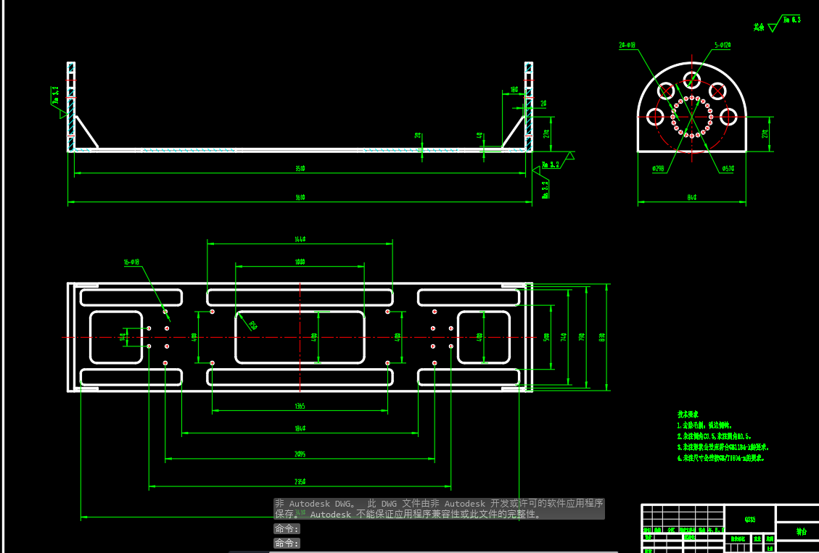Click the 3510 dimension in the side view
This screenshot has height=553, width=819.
coord(300,169)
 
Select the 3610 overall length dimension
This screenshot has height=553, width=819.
coord(300,197)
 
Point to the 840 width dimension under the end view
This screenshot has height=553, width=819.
coord(691,197)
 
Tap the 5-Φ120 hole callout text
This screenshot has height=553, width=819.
coord(723,45)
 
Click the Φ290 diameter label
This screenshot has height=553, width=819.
coord(659,168)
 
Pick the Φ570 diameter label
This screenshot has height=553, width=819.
coord(728,168)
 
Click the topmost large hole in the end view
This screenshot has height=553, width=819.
coord(692,79)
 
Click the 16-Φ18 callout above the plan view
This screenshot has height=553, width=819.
coord(131,262)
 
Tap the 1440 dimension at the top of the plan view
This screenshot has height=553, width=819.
coord(300,238)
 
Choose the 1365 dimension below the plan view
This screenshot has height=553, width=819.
coord(300,407)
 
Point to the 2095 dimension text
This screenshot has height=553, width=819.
coord(300,454)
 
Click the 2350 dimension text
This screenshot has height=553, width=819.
coord(300,481)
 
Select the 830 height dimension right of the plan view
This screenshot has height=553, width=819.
coord(602,337)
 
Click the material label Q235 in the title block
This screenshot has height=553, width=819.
coord(749,519)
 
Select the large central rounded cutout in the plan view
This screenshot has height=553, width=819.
coord(300,337)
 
